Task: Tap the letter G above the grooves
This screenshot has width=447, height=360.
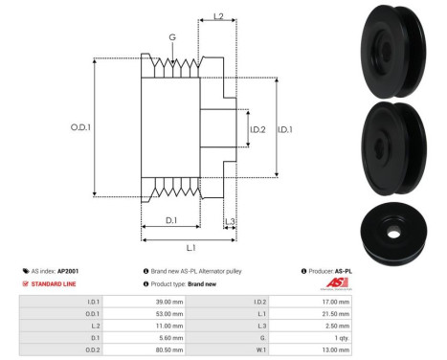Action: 172,37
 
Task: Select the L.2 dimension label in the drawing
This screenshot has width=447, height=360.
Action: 218,16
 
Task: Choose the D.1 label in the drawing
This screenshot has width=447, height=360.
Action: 169,221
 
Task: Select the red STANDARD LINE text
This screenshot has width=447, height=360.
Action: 56,284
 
